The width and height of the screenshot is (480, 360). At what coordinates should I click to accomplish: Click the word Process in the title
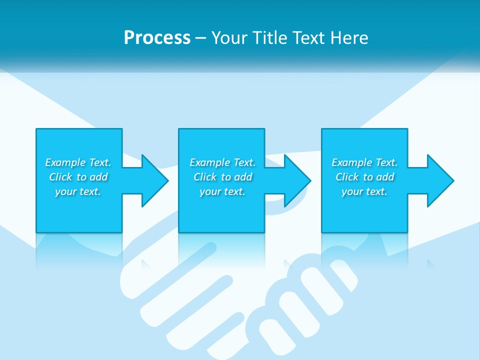[157, 37]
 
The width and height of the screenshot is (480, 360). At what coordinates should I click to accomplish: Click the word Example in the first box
[65, 162]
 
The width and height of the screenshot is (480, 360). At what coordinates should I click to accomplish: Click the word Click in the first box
[60, 177]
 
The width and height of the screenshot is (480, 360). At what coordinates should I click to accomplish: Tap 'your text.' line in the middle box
[222, 191]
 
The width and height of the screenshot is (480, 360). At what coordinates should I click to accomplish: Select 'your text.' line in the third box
[364, 191]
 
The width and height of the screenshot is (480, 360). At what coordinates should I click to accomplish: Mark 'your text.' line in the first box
[78, 191]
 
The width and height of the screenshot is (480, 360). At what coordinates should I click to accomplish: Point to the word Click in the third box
[347, 177]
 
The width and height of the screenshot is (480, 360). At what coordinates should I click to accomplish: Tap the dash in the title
[200, 37]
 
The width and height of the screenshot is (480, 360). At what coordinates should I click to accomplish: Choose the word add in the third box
[385, 177]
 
